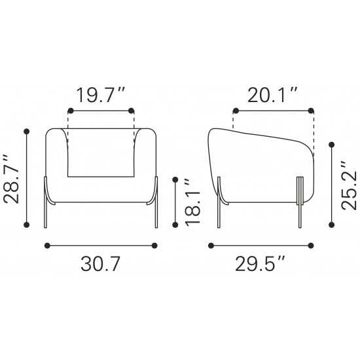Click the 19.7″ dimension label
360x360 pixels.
[100, 95]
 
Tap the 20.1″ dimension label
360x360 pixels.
[272, 95]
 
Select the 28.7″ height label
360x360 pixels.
[11, 179]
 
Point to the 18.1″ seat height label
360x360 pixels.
[192, 202]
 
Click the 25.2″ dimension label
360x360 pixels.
[349, 185]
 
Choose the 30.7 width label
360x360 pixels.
[101, 264]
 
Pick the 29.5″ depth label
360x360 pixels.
[260, 264]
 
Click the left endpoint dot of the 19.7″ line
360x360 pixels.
[71, 111]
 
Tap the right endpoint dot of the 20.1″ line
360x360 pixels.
[311, 111]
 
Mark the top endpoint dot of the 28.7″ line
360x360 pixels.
[27, 132]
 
